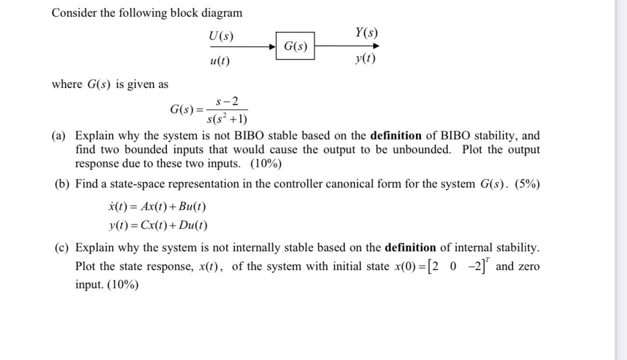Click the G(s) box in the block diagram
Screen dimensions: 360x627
point(295,46)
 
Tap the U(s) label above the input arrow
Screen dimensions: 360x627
point(221,36)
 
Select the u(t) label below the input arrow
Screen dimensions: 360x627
point(220,61)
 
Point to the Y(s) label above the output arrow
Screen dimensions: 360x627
point(367,33)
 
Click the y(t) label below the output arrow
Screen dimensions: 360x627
point(365,58)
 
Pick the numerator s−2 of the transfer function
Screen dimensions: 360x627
point(227,101)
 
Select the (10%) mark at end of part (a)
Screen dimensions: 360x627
point(266,163)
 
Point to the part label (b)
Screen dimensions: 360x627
point(63,184)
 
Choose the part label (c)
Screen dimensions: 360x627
point(63,247)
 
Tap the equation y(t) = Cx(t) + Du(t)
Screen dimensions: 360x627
point(158,226)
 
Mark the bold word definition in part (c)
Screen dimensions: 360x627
point(410,247)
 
